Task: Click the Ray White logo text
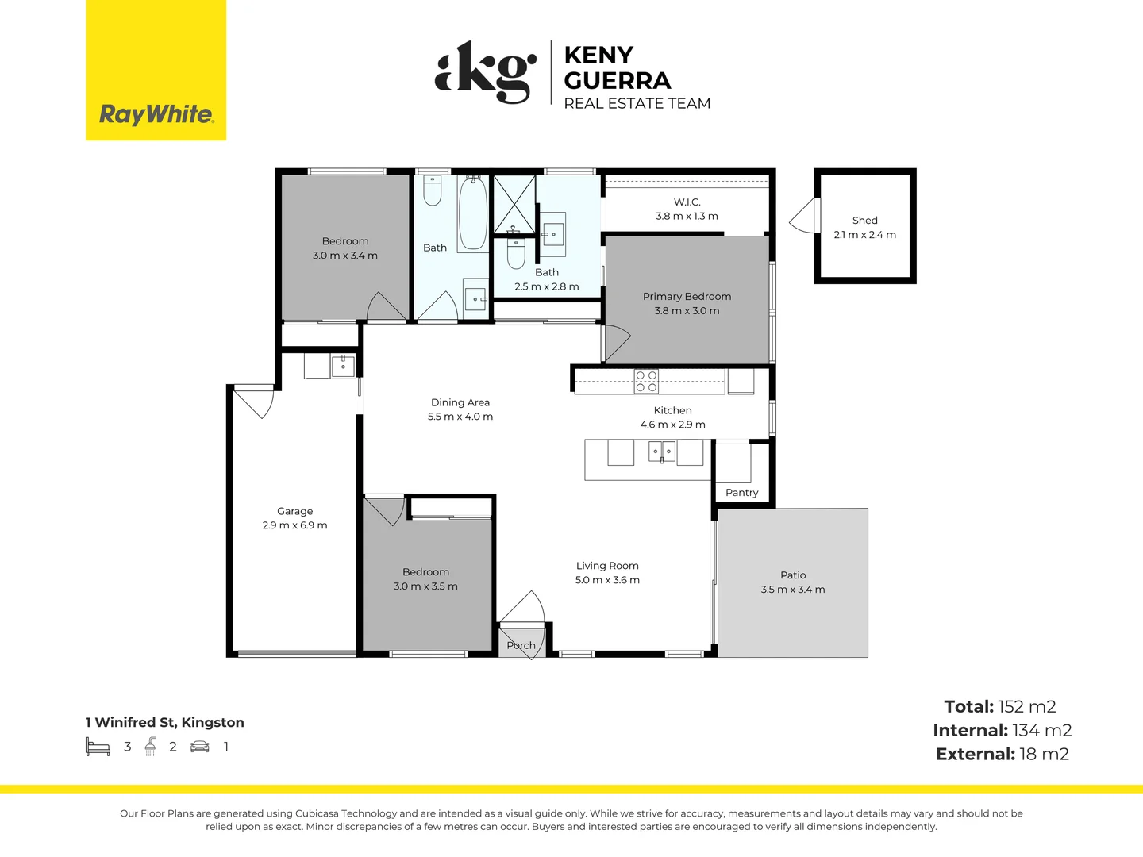(x=156, y=115)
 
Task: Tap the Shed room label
(x=865, y=220)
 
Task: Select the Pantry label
(x=741, y=493)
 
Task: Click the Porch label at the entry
(x=521, y=645)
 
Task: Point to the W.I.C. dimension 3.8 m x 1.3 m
(x=687, y=216)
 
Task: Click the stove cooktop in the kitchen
(x=646, y=382)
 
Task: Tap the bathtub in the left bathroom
(x=473, y=214)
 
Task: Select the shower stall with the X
(x=514, y=205)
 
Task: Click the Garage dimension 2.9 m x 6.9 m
(x=294, y=525)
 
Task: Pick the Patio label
(x=792, y=575)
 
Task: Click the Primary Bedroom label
(x=687, y=297)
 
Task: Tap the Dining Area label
(x=460, y=402)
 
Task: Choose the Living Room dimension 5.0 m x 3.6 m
(x=607, y=579)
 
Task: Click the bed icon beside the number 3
(x=98, y=746)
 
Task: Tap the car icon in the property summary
(x=200, y=747)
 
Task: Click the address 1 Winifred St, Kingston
(x=164, y=722)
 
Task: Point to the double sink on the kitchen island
(x=662, y=452)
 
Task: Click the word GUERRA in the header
(x=618, y=81)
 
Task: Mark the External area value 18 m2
(x=1044, y=754)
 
